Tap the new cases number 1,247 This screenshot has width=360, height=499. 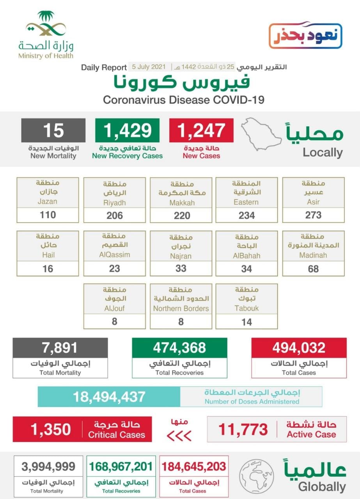coord(201,131)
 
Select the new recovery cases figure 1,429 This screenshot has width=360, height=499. coord(127,131)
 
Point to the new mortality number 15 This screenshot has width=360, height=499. coord(53,131)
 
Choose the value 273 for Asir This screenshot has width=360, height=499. coord(313,215)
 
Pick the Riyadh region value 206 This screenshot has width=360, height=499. coord(115,215)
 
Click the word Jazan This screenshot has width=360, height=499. coord(48,202)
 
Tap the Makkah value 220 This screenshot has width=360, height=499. coord(182,215)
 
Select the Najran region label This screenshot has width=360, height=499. coord(181,256)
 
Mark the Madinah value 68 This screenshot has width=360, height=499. coord(313,269)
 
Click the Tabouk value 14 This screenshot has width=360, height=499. coord(247,322)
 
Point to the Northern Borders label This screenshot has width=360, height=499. coord(181,308)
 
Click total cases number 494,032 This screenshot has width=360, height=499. coord(299,347)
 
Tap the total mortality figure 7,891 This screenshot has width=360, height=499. coord(60,347)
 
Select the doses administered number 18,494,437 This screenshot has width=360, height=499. coord(109,397)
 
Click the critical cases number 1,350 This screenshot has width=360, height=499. coord(51,429)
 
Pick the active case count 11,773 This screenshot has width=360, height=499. coord(243,430)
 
